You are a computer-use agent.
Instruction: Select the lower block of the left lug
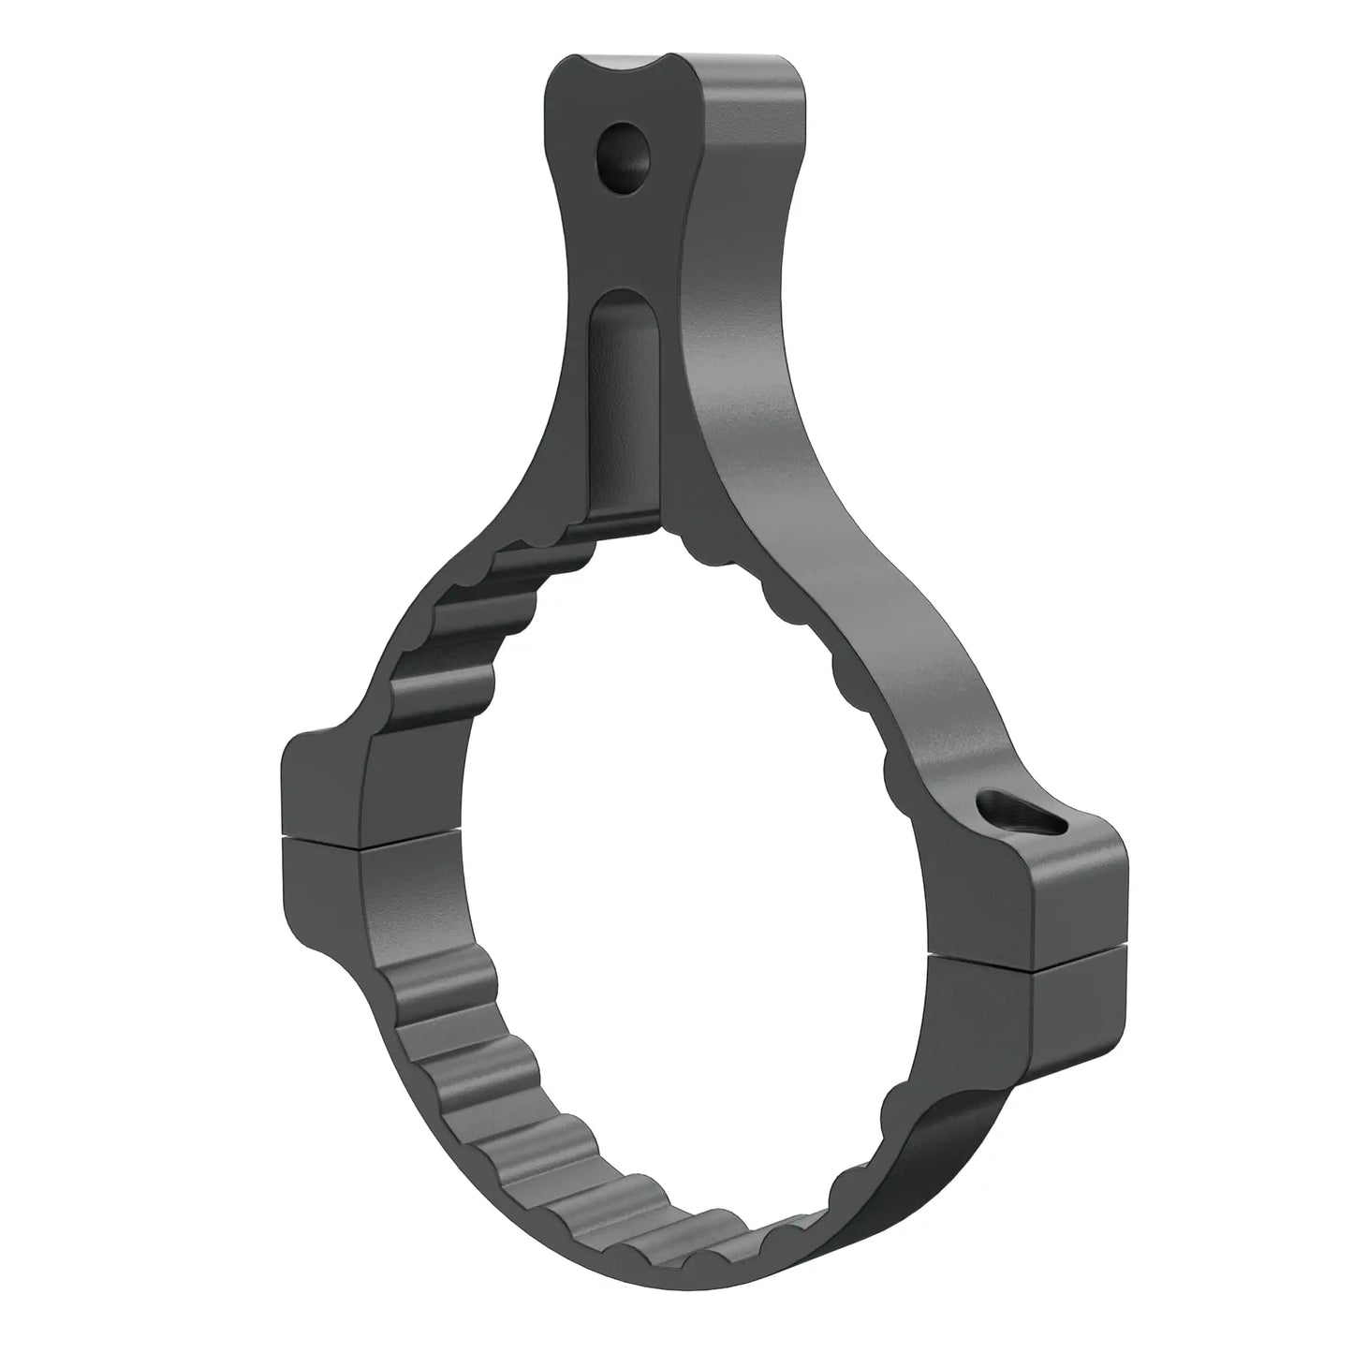coord(323,890)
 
